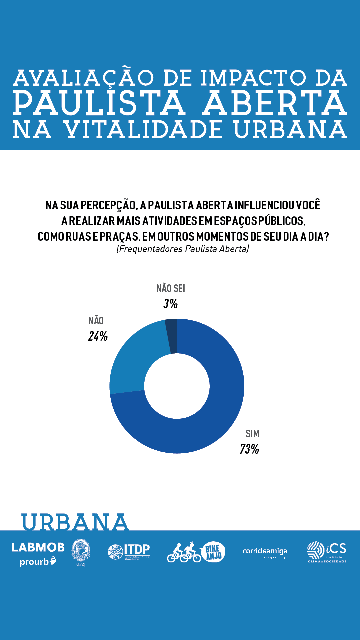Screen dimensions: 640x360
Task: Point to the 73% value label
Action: tap(249, 449)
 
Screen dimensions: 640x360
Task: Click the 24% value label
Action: tap(98, 336)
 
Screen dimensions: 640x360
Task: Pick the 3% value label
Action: tap(170, 304)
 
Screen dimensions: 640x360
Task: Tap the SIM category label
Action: tap(252, 434)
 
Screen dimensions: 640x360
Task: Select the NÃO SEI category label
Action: tap(171, 288)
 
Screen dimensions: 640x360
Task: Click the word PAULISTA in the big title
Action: tap(99, 103)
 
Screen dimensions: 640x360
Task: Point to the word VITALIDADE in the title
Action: tap(143, 130)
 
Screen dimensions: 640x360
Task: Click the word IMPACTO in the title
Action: tap(253, 78)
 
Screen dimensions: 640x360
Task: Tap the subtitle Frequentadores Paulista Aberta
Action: tap(183, 249)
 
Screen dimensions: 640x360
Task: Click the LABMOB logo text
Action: tap(38, 547)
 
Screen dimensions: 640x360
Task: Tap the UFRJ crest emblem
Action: tap(81, 551)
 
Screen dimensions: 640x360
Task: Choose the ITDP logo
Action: tap(129, 552)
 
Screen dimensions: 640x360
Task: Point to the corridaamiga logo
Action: tap(265, 551)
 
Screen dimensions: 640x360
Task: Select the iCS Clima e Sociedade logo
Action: tap(327, 552)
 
